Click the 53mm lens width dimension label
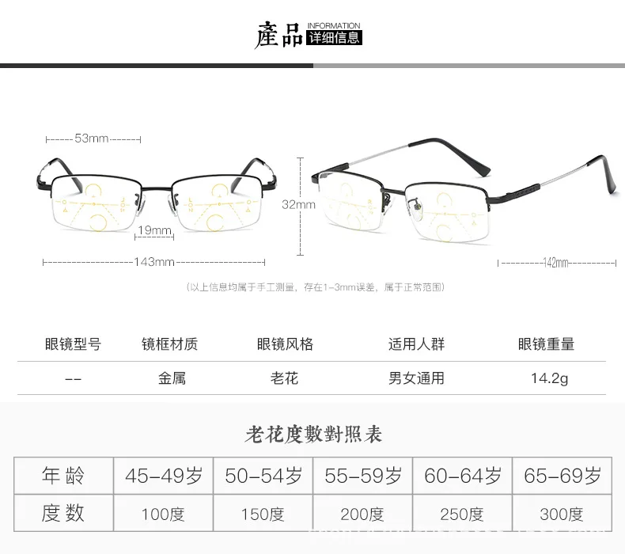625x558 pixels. (x=92, y=139)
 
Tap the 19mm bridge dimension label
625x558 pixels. (x=155, y=230)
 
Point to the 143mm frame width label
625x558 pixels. (x=154, y=262)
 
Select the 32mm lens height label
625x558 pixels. (x=298, y=204)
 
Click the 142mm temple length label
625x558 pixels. (x=557, y=262)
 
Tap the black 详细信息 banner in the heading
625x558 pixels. (x=333, y=36)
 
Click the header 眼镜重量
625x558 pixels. (x=546, y=344)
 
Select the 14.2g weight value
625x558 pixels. (x=549, y=378)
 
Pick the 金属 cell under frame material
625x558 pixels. (x=172, y=378)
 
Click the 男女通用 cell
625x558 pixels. (x=416, y=378)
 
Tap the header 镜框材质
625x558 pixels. (x=169, y=344)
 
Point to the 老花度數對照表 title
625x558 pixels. (x=313, y=435)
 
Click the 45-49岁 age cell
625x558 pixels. (x=164, y=476)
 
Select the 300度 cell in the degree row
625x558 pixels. (x=562, y=514)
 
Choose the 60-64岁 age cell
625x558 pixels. (x=463, y=476)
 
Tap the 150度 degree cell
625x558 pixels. (x=263, y=514)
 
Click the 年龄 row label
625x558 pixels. (x=63, y=476)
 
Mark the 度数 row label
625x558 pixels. (x=63, y=514)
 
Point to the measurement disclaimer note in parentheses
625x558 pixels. (x=314, y=287)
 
